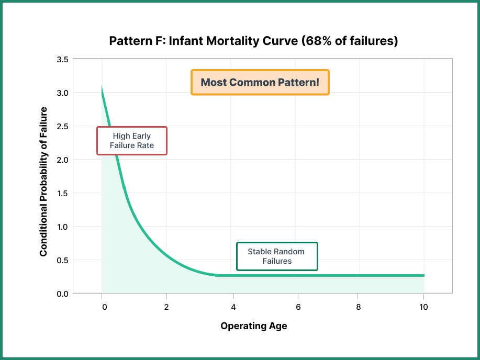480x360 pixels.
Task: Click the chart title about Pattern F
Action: pyautogui.click(x=253, y=41)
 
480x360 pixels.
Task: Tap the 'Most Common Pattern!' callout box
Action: pyautogui.click(x=260, y=83)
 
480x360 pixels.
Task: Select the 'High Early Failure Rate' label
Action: pyautogui.click(x=132, y=141)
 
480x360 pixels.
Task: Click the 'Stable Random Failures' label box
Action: pyautogui.click(x=277, y=256)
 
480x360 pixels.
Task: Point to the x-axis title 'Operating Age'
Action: pyautogui.click(x=253, y=326)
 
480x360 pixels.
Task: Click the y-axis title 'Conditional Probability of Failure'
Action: pyautogui.click(x=43, y=182)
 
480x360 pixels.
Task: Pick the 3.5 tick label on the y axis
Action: pyautogui.click(x=62, y=59)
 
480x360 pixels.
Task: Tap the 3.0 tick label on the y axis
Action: pyautogui.click(x=62, y=93)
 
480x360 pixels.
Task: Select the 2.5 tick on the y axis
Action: pyautogui.click(x=62, y=126)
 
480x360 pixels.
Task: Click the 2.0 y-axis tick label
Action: pyautogui.click(x=62, y=160)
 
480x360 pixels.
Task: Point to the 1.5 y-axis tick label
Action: pyautogui.click(x=62, y=193)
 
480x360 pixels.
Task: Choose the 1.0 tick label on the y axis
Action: pyautogui.click(x=62, y=227)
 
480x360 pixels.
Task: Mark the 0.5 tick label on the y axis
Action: pyautogui.click(x=62, y=260)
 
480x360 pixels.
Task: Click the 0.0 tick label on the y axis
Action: pyautogui.click(x=62, y=294)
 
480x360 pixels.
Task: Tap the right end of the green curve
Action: pyautogui.click(x=423, y=275)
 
